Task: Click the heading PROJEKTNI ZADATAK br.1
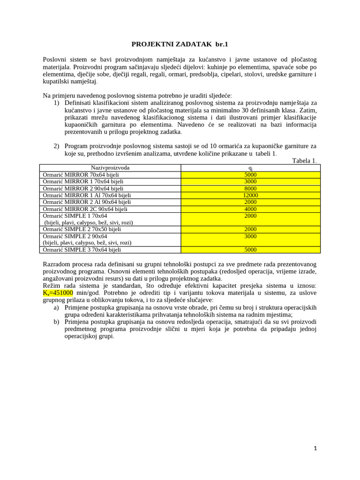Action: point(180,44)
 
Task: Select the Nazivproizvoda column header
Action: point(110,167)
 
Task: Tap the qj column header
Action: point(250,168)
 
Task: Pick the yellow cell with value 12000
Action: point(250,195)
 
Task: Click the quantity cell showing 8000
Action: point(250,188)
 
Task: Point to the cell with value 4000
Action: point(250,209)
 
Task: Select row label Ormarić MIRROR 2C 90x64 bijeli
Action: point(85,209)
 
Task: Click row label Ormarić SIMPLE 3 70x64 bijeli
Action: point(82,250)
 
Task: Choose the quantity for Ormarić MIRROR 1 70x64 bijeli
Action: point(250,181)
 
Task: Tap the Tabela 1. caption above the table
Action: point(304,161)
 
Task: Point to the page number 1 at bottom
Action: point(315,448)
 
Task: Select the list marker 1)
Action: point(57,103)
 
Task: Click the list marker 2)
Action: point(57,146)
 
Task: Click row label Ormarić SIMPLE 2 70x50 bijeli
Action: point(82,229)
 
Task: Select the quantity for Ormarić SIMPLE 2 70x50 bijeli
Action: point(250,229)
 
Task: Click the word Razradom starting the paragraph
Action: point(58,264)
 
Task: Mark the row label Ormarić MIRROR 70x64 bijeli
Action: point(80,174)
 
